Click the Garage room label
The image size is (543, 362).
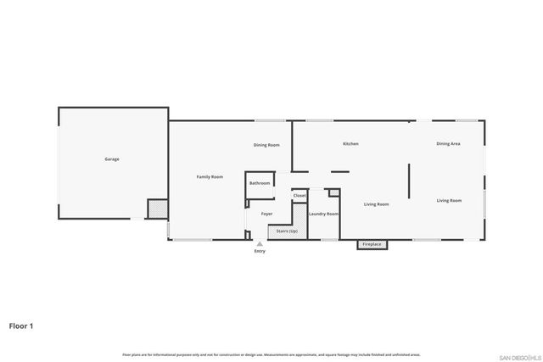pos(112,159)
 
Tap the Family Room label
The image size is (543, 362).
pos(210,176)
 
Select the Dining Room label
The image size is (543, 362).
pos(266,145)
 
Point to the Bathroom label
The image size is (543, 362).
pos(260,184)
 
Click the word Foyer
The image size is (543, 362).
pos(266,214)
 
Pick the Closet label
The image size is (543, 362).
pos(299,196)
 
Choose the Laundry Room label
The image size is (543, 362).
pos(323,214)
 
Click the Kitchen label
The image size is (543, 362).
pos(350,144)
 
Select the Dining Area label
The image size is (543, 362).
pos(448,144)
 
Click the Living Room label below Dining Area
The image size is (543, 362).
pos(449,200)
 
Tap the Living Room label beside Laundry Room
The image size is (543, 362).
pos(376,204)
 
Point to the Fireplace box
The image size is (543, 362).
pos(372,244)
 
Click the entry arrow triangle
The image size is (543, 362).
pos(260,243)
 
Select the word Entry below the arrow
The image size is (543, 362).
pos(260,252)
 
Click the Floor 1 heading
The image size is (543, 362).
pos(21,325)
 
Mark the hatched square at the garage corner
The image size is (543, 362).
pos(157,209)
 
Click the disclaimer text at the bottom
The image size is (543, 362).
pos(271,354)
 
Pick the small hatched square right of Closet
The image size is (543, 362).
pos(334,192)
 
